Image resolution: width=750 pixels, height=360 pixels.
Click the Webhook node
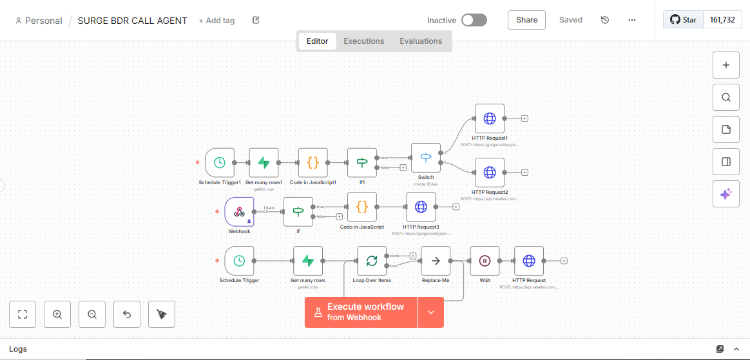coord(239,212)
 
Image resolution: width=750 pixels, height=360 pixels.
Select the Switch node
coord(426,158)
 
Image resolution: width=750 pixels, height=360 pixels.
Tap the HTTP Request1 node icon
coord(490,118)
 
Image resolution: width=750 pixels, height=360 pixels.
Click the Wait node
coord(485,261)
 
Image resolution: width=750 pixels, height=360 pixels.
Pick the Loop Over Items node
coord(372,261)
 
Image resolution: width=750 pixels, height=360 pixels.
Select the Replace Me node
coord(436,261)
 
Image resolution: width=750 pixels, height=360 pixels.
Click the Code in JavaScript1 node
coord(313,163)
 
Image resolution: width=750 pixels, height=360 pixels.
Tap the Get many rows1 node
coord(264,163)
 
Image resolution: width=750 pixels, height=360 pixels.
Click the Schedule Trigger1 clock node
coord(219,163)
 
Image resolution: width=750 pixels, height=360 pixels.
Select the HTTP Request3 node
coord(421,207)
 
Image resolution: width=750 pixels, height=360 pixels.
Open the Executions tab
coord(363,41)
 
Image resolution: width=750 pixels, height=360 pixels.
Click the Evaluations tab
coord(421,41)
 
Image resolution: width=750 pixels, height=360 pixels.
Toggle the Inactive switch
coord(474,20)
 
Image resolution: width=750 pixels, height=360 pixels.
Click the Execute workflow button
coord(361,312)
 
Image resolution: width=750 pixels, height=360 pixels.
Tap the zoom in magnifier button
coord(57,314)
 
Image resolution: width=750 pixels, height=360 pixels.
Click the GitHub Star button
coord(683,20)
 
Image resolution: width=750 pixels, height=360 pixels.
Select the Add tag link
coord(216,21)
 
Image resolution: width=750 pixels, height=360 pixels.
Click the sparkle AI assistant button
coord(726,194)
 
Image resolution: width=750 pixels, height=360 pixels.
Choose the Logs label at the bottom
coord(18,349)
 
